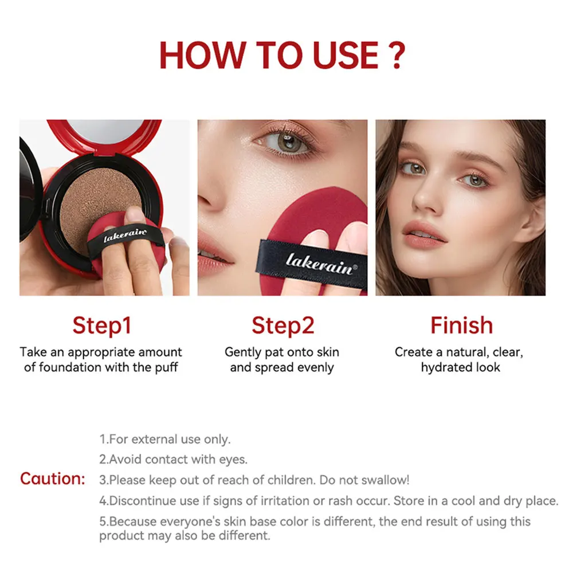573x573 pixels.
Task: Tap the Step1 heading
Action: point(101,325)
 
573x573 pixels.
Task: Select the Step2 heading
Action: point(282,325)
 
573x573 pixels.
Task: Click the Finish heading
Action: point(461,325)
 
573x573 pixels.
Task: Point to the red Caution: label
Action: point(53,478)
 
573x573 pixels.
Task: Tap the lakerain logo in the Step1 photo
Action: point(125,234)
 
